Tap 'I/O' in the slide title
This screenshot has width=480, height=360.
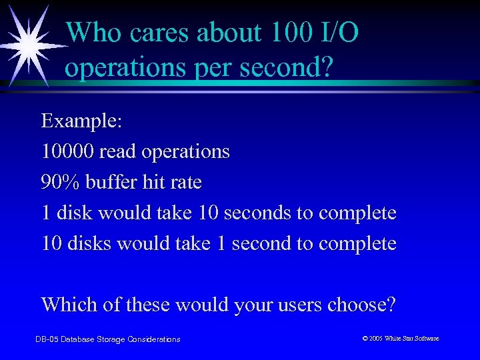tap(337, 33)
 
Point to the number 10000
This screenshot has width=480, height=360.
tap(67, 152)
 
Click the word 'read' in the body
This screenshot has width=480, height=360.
tap(116, 152)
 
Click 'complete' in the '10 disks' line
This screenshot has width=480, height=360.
tap(357, 243)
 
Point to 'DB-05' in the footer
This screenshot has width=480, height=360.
tap(46, 339)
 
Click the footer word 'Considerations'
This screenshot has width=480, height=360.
tap(154, 339)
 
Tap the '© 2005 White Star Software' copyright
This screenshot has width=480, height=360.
tap(401, 339)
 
